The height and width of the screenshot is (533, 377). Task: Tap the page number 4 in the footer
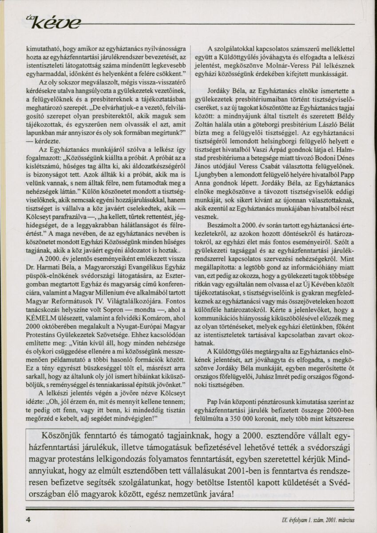(x=28, y=519)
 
